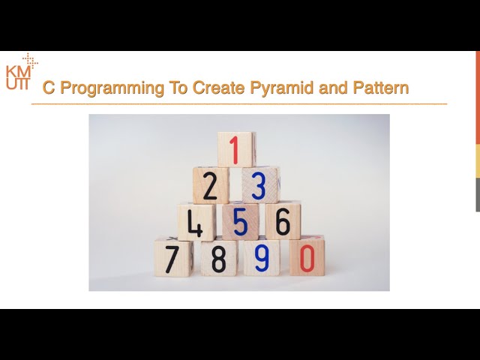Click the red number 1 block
236,149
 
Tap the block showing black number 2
211,185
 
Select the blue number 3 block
259,185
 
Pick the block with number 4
196,221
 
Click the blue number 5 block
241,221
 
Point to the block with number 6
283,221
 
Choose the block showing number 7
172,257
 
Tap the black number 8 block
218,257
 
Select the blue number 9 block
262,257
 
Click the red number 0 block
307,257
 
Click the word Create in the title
217,88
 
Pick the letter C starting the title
48,88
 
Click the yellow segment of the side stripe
477,160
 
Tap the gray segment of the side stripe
477,195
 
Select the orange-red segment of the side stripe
477,97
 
